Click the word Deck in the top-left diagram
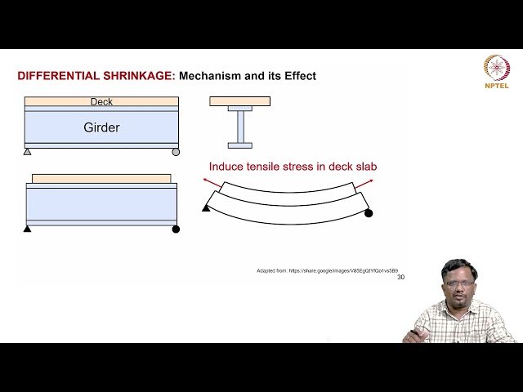coord(101,102)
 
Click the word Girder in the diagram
coord(101,127)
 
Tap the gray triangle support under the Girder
coord(27,152)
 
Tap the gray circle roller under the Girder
coord(176,152)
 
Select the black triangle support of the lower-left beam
coord(27,229)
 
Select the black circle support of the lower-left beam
coord(176,229)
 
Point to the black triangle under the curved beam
coord(206,208)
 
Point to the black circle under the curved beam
coord(369,213)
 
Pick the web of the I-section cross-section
coord(240,127)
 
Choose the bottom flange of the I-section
coord(240,145)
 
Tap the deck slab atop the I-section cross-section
coord(240,101)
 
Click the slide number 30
coord(400,277)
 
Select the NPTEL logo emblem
coord(496,68)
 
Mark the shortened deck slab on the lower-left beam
coord(101,178)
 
